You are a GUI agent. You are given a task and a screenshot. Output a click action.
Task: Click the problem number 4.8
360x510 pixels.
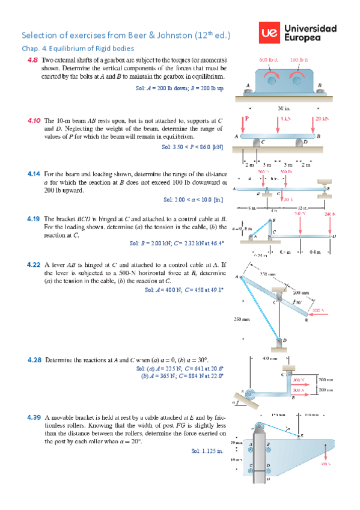pos(32,60)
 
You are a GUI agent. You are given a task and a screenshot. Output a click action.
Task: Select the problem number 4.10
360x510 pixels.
pos(33,121)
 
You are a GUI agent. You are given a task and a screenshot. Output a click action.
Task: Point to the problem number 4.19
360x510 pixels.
pos(34,219)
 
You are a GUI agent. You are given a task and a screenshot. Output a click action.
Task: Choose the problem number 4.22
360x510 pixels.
pos(34,264)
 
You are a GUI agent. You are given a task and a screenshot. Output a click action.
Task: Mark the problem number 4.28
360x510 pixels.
pos(34,360)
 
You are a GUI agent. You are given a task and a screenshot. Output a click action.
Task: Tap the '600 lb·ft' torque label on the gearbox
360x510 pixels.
pos(268,61)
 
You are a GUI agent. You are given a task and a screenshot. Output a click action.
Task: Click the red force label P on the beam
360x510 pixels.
pos(246,118)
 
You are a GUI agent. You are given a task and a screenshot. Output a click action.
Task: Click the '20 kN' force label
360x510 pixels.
pos(322,118)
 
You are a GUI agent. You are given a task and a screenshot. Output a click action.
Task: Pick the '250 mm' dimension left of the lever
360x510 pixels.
pos(242,319)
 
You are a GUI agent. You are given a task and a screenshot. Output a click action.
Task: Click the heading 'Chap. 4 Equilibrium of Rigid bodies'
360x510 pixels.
pos(78,48)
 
